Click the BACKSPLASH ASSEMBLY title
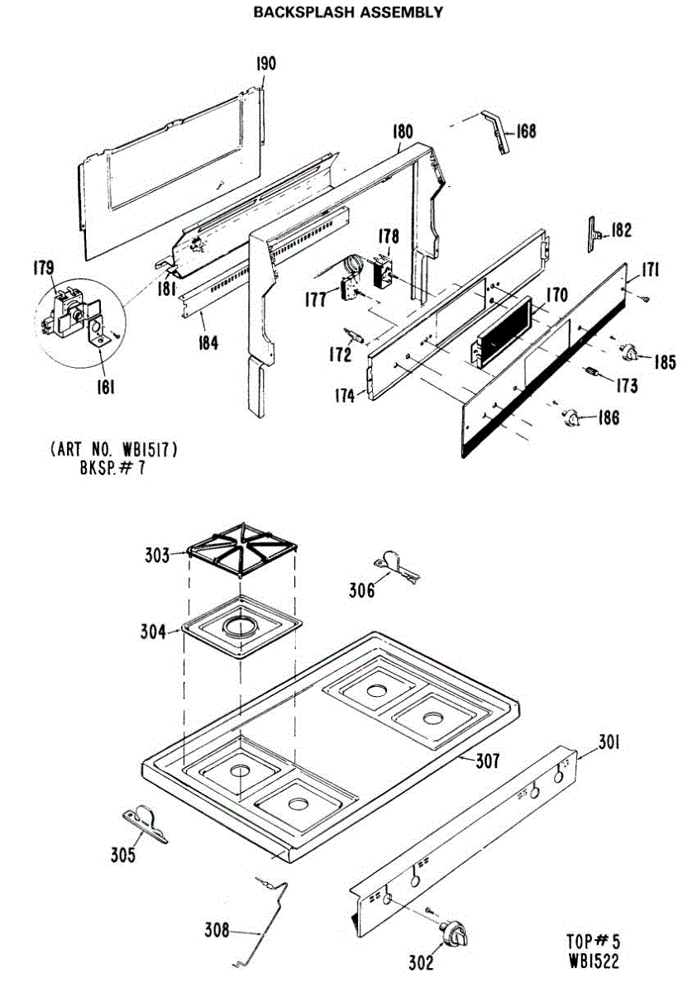coord(348,12)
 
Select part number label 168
coord(526,131)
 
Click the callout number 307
coord(487,761)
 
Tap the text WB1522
coord(593,961)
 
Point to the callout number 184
coord(207,341)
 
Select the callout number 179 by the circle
coord(43,268)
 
